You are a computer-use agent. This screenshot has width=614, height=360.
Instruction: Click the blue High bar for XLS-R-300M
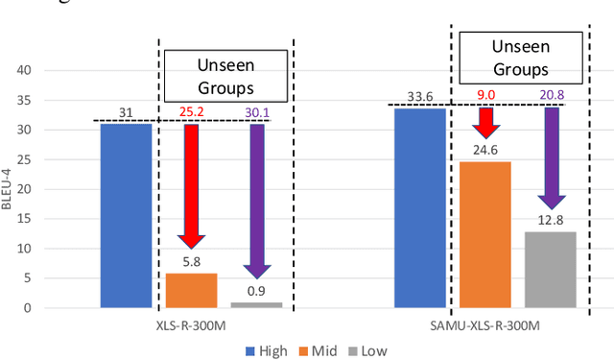126,216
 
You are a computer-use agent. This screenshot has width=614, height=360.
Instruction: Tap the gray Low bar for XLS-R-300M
255,304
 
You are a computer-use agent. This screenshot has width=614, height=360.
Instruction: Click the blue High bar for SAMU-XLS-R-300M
420,208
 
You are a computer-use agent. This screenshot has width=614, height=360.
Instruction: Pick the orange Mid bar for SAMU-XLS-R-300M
485,234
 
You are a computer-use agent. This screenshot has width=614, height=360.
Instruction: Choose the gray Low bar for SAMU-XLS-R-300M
550,270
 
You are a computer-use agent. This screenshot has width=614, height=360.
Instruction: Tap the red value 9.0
486,95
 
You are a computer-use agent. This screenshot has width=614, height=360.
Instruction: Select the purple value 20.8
551,95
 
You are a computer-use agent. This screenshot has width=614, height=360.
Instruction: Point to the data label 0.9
255,291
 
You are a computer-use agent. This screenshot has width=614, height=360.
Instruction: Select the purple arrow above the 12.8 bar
551,158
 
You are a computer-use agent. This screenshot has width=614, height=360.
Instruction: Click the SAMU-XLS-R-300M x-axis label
485,325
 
